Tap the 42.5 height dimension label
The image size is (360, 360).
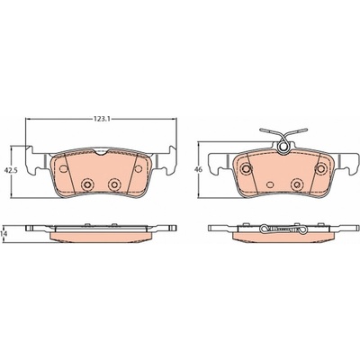pyautogui.click(x=11, y=170)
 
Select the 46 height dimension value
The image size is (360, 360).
pyautogui.click(x=198, y=169)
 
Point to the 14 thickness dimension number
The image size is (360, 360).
pyautogui.click(x=4, y=234)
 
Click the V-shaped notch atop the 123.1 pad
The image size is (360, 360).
pyautogui.click(x=101, y=152)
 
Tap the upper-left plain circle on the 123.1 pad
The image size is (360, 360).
pyautogui.click(x=63, y=168)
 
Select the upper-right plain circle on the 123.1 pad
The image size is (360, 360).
pyautogui.click(x=138, y=168)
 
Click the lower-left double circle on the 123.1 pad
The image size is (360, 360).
pyautogui.click(x=87, y=184)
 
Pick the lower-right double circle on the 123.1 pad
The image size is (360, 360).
pyautogui.click(x=114, y=184)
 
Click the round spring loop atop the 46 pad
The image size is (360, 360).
pyautogui.click(x=283, y=147)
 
